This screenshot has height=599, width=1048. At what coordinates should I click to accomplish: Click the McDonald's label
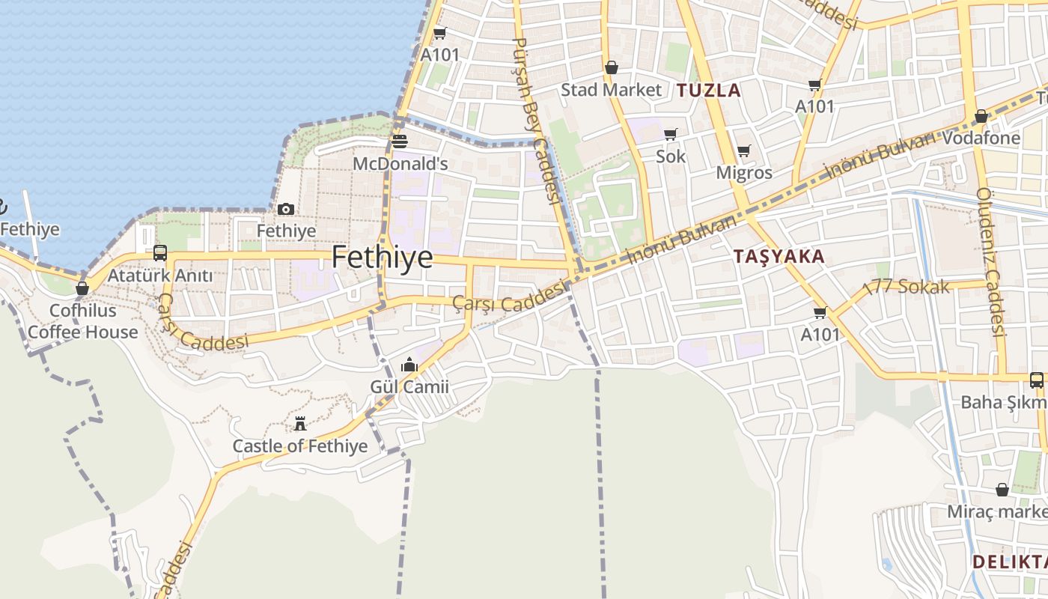click(400, 163)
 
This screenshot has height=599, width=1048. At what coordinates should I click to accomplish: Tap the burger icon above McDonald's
click(400, 142)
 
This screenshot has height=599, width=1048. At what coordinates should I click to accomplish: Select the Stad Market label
click(612, 90)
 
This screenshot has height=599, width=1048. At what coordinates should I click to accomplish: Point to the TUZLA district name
click(709, 91)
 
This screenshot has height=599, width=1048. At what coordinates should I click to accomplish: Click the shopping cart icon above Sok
click(671, 135)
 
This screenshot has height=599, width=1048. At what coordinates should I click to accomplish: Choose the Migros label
click(744, 172)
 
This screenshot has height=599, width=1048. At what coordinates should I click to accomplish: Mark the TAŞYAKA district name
click(779, 256)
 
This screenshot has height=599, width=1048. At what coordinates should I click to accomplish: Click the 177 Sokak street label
click(907, 286)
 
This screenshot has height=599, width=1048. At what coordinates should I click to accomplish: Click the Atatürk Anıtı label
click(160, 276)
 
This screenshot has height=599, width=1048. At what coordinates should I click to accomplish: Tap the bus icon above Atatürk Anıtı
click(159, 253)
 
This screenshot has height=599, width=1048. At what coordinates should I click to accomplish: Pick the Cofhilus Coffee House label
click(83, 321)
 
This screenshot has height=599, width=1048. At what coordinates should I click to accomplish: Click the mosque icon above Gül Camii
click(409, 365)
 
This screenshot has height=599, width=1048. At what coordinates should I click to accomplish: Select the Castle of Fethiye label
click(300, 446)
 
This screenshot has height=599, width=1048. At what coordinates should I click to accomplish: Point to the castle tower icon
click(300, 424)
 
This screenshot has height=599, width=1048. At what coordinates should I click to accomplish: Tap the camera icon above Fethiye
click(286, 210)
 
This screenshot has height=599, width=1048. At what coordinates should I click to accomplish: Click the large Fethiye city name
click(382, 258)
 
